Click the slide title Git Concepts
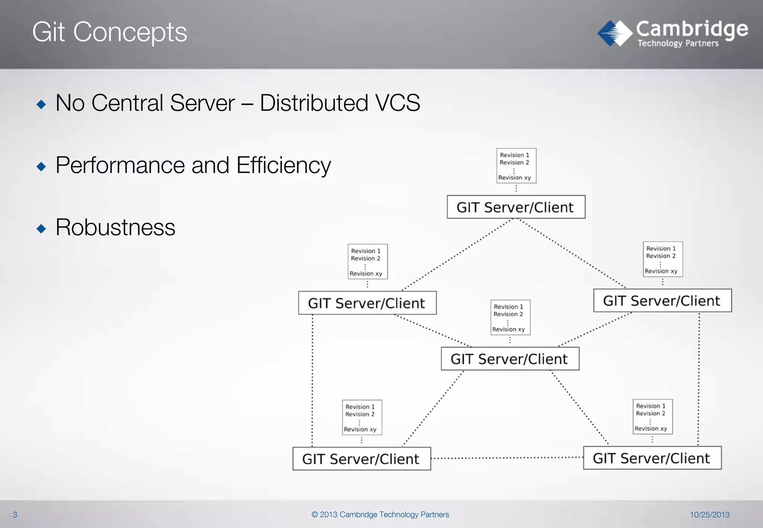point(110,32)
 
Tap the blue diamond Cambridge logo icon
point(614,34)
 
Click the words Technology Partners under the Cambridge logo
point(678,44)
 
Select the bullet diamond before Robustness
point(41,228)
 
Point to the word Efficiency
point(283,165)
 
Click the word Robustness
point(115,228)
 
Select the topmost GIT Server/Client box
point(516,207)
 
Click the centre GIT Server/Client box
point(510,359)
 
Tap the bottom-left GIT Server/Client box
point(361,459)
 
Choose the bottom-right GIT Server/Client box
point(652,458)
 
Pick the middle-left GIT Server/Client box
point(367,303)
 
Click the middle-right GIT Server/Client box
point(662,300)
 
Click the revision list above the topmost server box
point(516,166)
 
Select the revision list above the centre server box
point(510,318)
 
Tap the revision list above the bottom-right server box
point(652,417)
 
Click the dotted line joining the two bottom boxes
point(507,458)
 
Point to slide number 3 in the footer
point(15,515)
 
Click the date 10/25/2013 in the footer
point(709,515)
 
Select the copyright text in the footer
point(380,515)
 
